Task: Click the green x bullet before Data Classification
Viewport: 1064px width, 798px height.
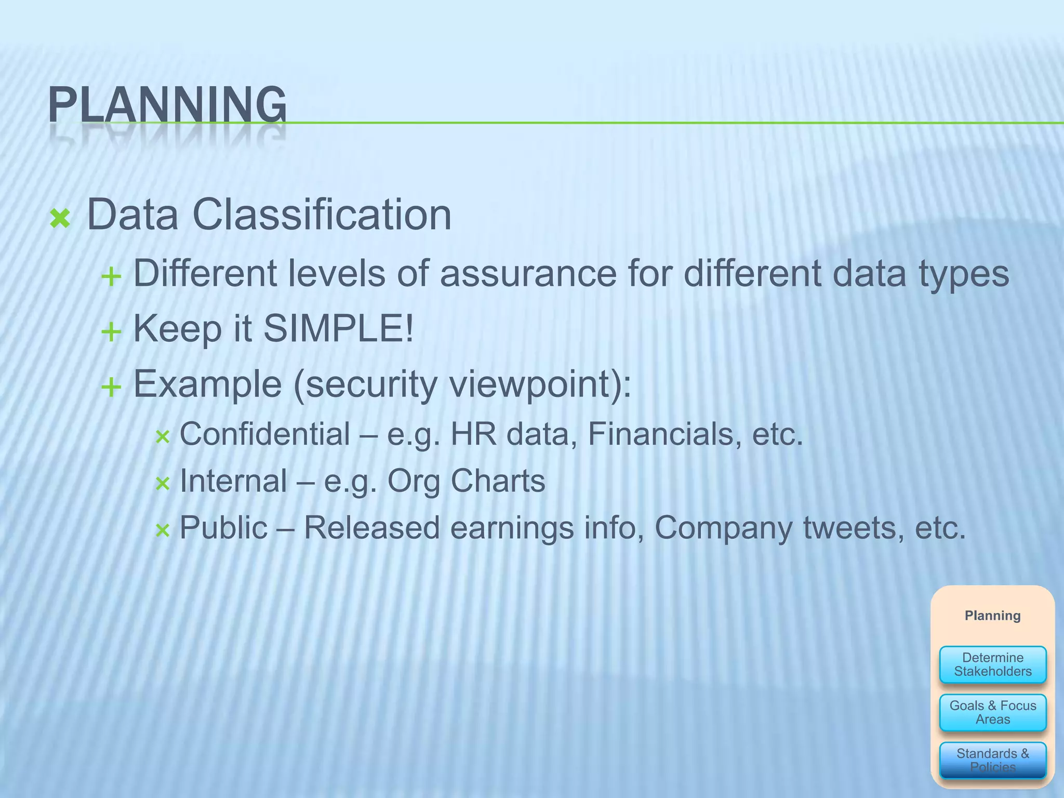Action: tap(60, 219)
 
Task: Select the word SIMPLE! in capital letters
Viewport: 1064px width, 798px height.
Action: tap(339, 328)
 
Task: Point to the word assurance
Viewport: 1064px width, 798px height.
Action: tap(528, 273)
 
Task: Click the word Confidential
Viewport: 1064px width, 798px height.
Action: tap(264, 434)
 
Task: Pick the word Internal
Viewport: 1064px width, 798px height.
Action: tap(233, 481)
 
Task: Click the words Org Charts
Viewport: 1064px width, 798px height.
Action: tap(466, 481)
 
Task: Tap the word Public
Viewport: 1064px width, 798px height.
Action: tap(223, 528)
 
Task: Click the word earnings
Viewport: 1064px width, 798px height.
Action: tap(512, 528)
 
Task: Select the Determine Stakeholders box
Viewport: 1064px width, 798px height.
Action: tap(992, 664)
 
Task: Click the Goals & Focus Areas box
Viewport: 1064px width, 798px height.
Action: tap(992, 712)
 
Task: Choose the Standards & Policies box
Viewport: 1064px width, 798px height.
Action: tap(992, 760)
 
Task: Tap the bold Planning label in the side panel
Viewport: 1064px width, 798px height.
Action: tap(992, 616)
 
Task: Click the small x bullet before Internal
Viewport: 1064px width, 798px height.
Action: tap(163, 484)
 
